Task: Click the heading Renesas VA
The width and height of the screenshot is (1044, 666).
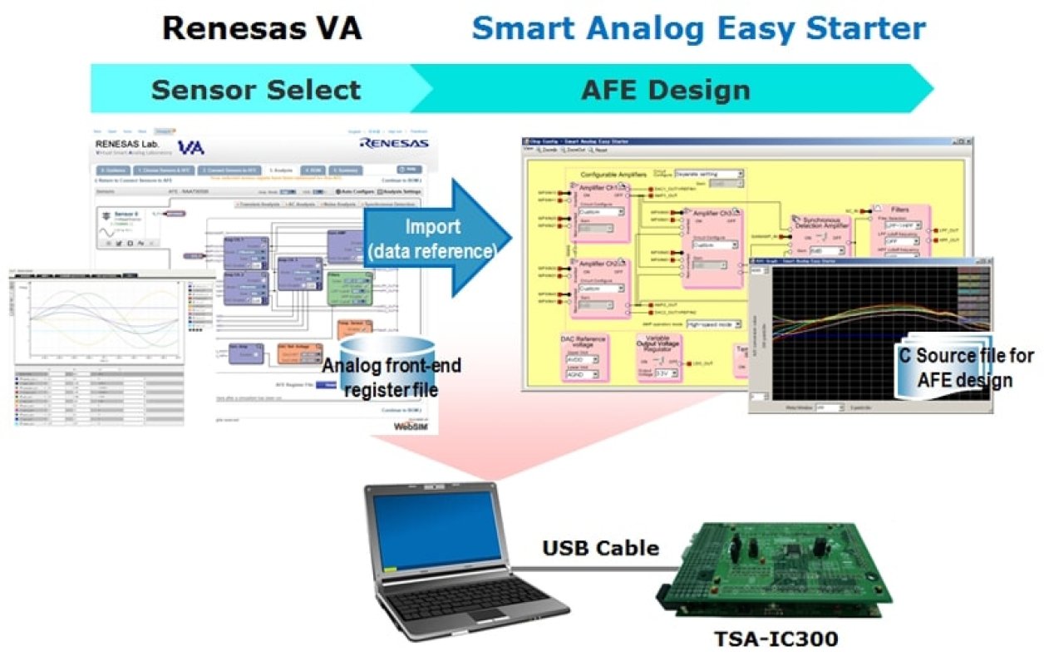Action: (x=262, y=29)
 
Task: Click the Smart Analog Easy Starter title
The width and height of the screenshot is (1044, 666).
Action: (x=698, y=29)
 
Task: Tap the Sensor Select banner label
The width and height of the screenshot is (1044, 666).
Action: (x=256, y=89)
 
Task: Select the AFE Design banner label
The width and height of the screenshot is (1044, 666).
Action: (x=666, y=89)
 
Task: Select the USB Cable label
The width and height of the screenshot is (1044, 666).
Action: (x=601, y=548)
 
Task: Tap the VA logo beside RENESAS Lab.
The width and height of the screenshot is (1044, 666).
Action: (x=190, y=147)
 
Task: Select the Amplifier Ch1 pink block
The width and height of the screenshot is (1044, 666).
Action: (x=597, y=212)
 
